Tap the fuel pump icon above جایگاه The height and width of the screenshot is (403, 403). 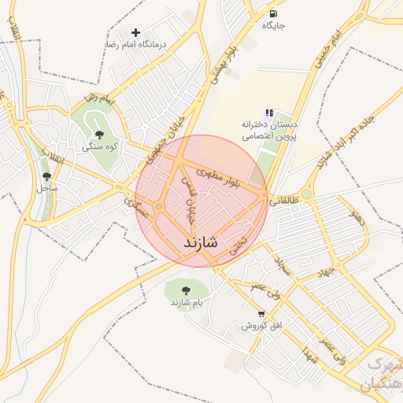coord(273,13)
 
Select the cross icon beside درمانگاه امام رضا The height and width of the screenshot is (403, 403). coord(136,32)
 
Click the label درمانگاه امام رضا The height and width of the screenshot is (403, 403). coord(137,46)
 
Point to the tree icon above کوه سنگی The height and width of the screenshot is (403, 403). coord(98,135)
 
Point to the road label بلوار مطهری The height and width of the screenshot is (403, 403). coord(225,177)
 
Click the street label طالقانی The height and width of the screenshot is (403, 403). coord(284,200)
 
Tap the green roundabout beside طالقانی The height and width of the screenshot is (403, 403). coord(306,194)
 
